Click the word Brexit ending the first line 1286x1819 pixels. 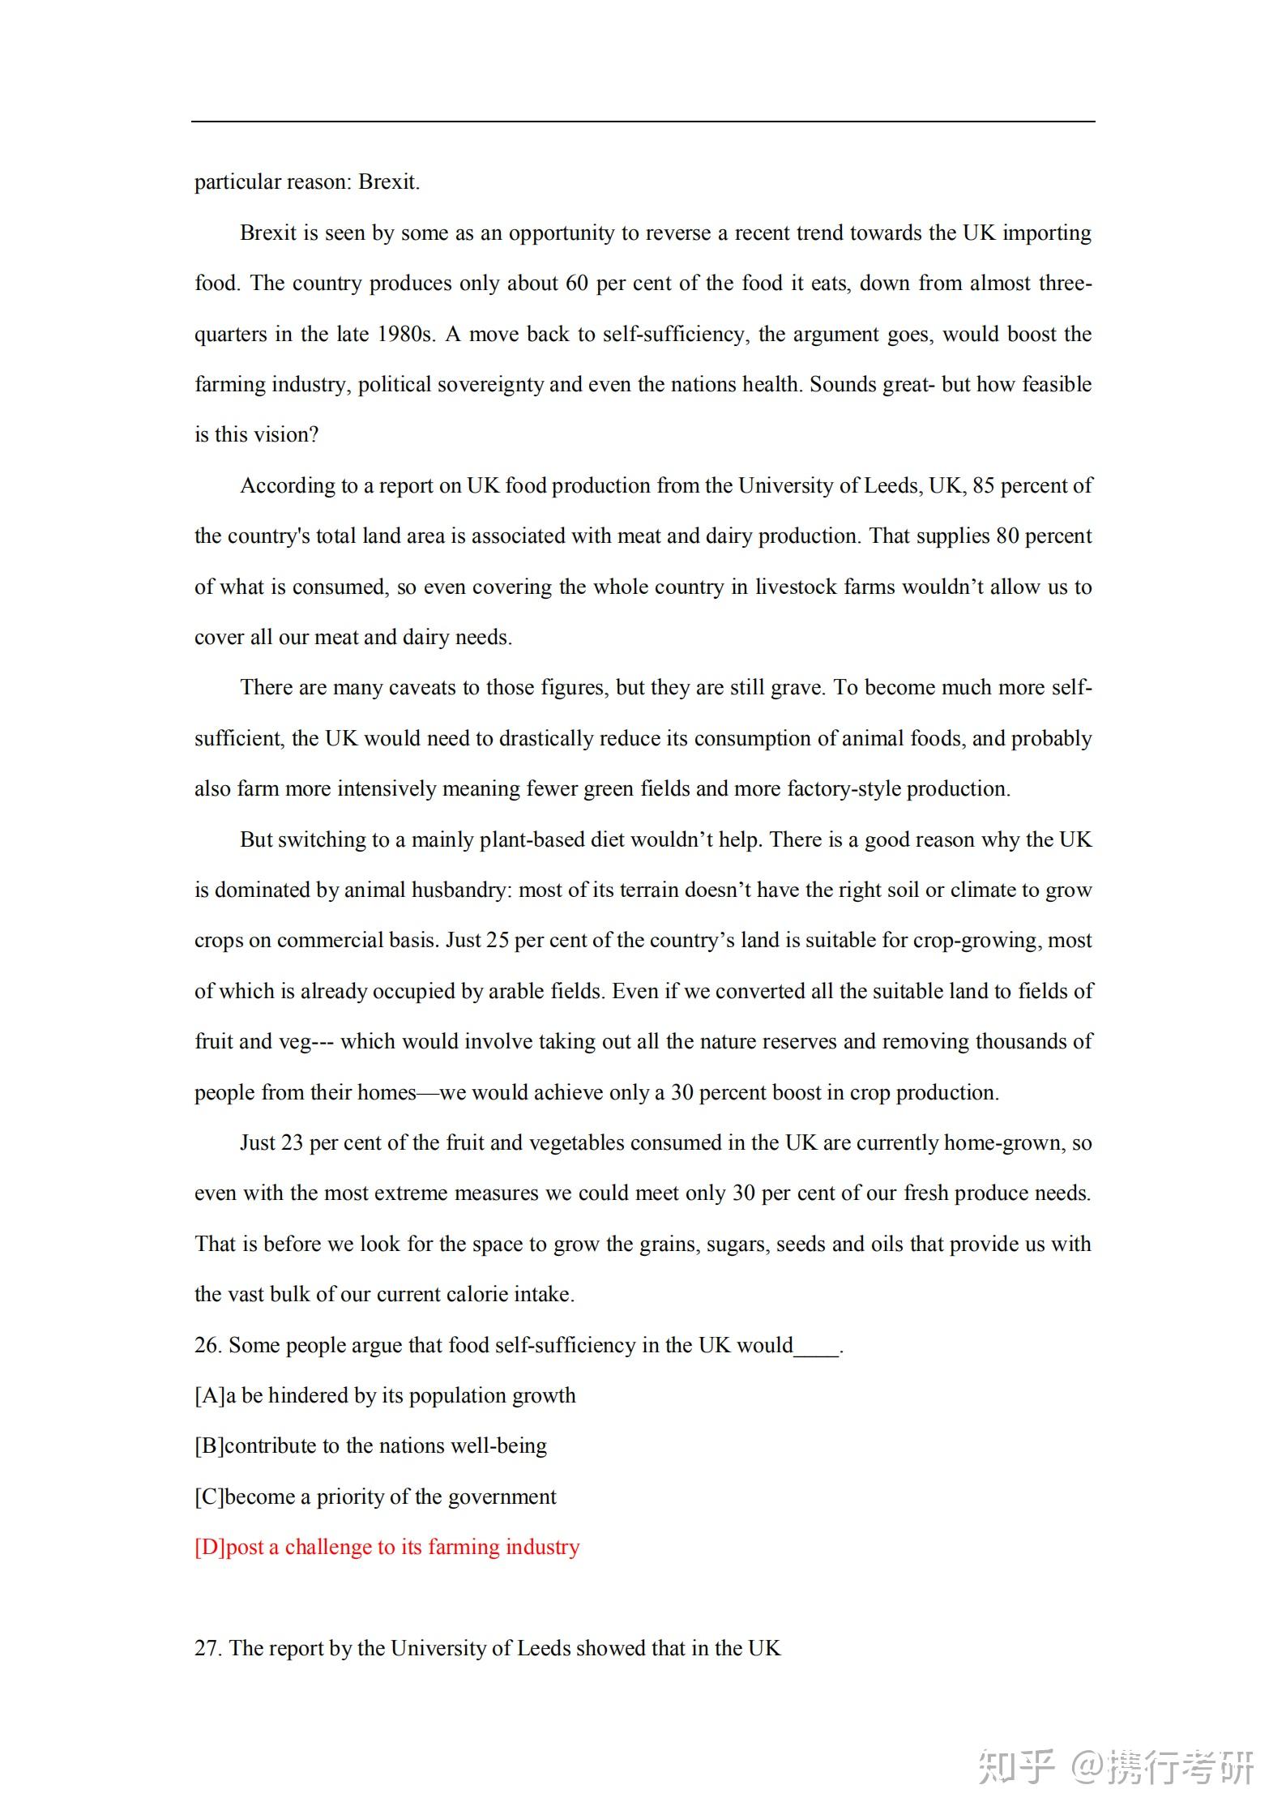pos(388,181)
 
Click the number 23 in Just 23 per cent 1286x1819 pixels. pos(292,1142)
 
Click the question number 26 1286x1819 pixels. pos(207,1345)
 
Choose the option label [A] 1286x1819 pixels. pos(210,1395)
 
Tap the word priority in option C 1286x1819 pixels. pos(354,1497)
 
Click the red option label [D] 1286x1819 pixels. pos(210,1547)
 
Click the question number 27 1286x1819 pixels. pos(207,1648)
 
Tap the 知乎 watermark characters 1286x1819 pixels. pos(1016,1767)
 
